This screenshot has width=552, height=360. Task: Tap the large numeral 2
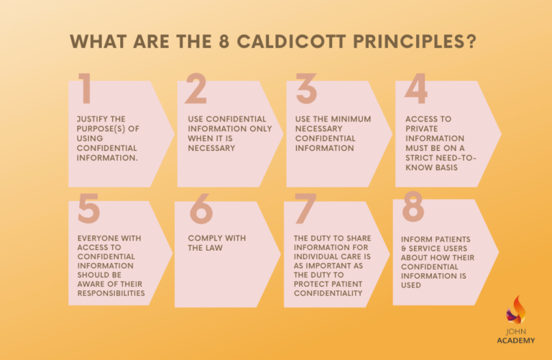[195, 88]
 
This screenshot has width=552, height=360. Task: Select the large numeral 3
[306, 88]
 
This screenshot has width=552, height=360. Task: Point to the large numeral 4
[416, 88]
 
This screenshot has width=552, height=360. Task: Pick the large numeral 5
[88, 208]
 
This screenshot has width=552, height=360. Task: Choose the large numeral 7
[305, 208]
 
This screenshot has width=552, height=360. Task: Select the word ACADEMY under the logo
[516, 341]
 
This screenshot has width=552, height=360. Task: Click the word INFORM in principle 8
[418, 238]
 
